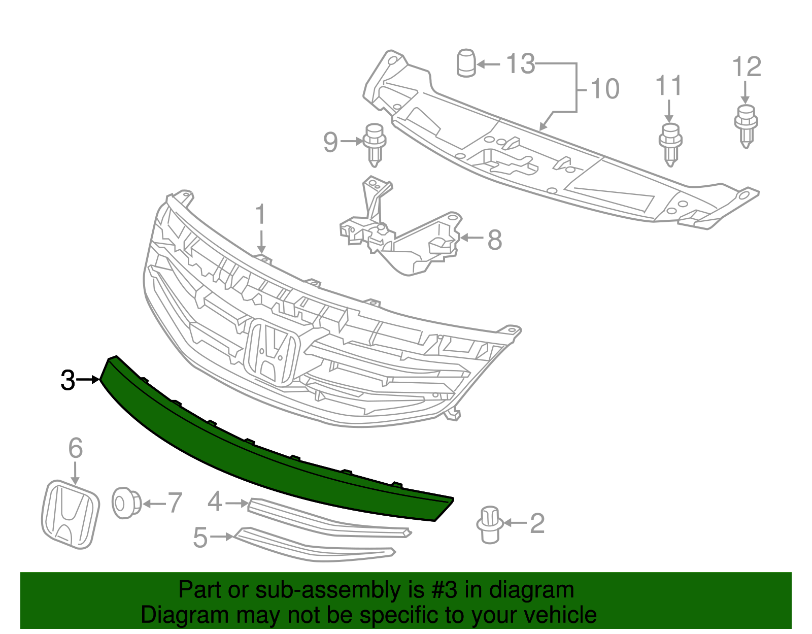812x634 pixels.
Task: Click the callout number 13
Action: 521,64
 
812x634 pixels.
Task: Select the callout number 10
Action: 604,89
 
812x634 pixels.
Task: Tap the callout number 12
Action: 747,67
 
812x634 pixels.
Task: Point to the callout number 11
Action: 668,86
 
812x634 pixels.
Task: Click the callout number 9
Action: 330,142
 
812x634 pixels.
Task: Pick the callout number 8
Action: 494,240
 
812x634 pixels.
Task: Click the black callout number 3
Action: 67,380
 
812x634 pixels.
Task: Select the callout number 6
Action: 75,448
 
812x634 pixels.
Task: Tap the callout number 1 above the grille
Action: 260,215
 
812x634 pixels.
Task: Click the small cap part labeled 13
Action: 466,63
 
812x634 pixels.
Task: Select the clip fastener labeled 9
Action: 374,144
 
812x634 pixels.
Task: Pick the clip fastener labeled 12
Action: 746,125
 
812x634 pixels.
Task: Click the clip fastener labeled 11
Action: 670,143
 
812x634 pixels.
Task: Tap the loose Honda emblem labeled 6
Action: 70,514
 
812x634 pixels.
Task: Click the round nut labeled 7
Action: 124,503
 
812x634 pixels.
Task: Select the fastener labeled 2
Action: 490,524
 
